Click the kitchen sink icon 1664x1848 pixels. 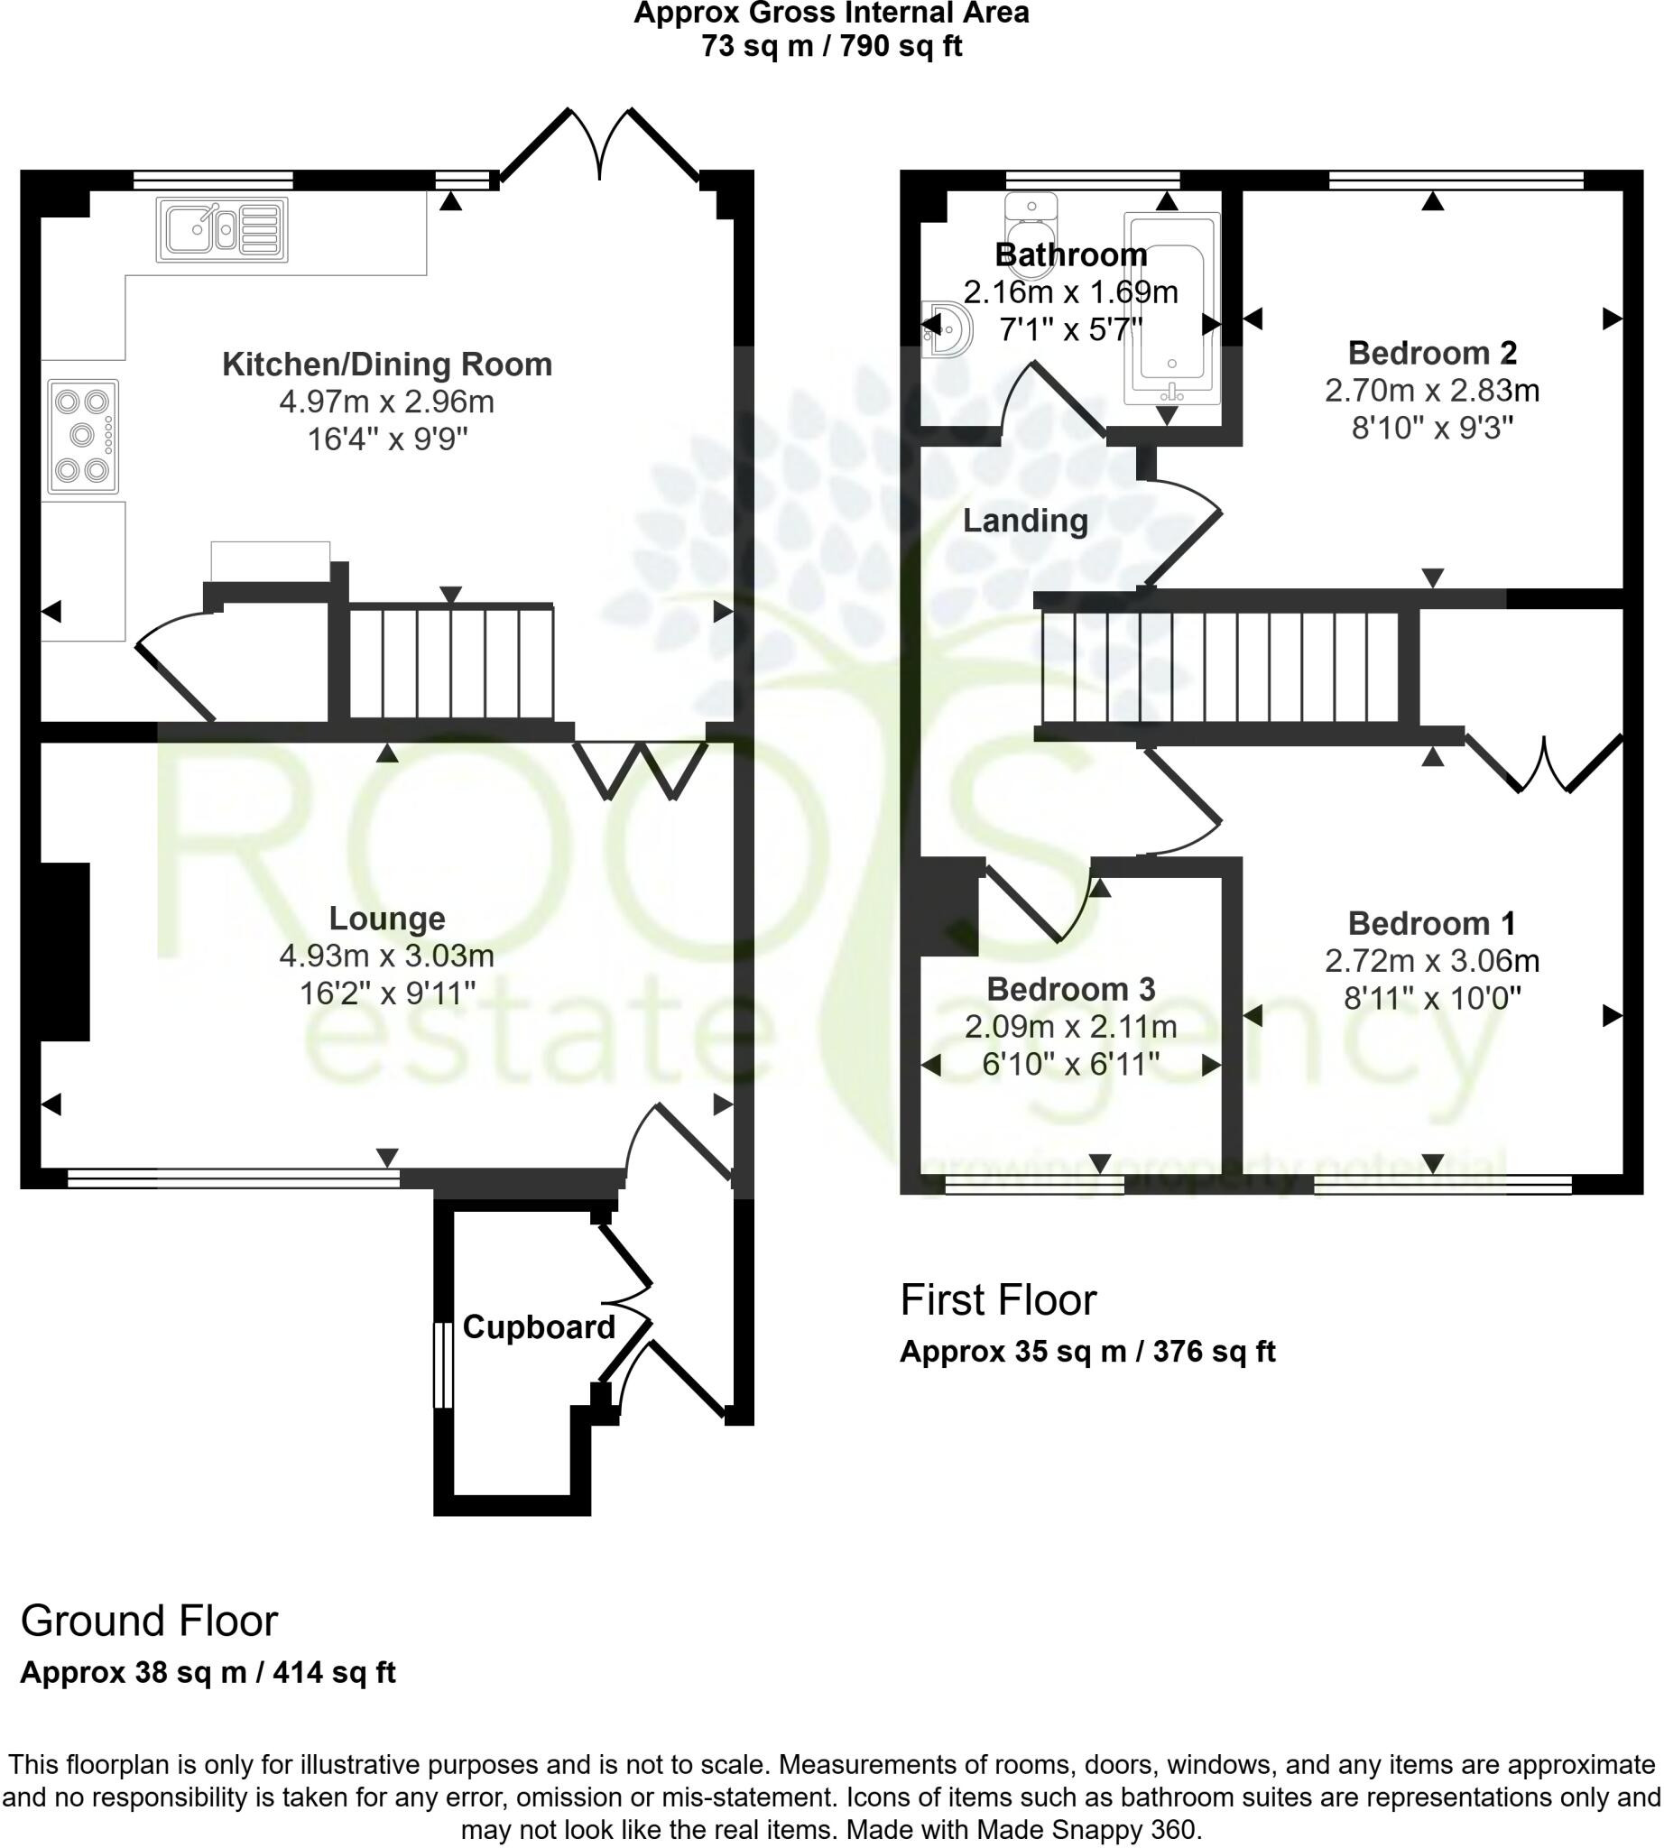coord(222,229)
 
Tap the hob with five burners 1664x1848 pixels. coord(83,436)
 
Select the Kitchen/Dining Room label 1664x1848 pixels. coord(387,365)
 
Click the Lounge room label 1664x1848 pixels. coord(387,918)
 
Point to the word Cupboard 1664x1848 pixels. coord(539,1326)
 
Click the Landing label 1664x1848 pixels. coord(1025,521)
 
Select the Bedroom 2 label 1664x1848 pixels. coord(1432,353)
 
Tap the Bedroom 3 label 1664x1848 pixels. coord(1070,988)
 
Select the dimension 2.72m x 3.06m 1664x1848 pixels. coord(1432,960)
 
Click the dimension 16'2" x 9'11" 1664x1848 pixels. coord(387,993)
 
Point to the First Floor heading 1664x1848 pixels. coord(997,1299)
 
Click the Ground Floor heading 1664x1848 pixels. coord(149,1621)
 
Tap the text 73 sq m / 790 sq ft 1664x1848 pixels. coord(831,46)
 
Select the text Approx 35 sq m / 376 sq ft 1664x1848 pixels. coord(1087,1352)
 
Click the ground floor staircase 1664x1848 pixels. coord(452,663)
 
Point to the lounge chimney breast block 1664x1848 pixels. coord(64,951)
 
